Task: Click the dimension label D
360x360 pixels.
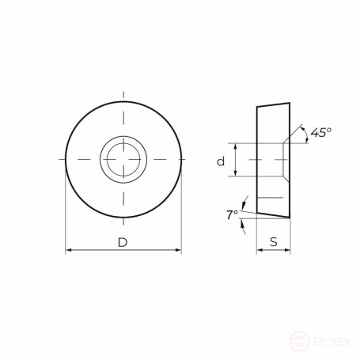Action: pos(123,242)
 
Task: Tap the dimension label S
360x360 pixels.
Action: pos(273,242)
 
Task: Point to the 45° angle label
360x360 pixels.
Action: pos(320,133)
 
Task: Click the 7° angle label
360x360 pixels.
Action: pos(231,214)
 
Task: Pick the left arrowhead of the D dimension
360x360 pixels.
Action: pos(68,251)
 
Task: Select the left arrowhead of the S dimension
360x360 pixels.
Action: pos(260,251)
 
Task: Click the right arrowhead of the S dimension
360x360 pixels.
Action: pos(286,251)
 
